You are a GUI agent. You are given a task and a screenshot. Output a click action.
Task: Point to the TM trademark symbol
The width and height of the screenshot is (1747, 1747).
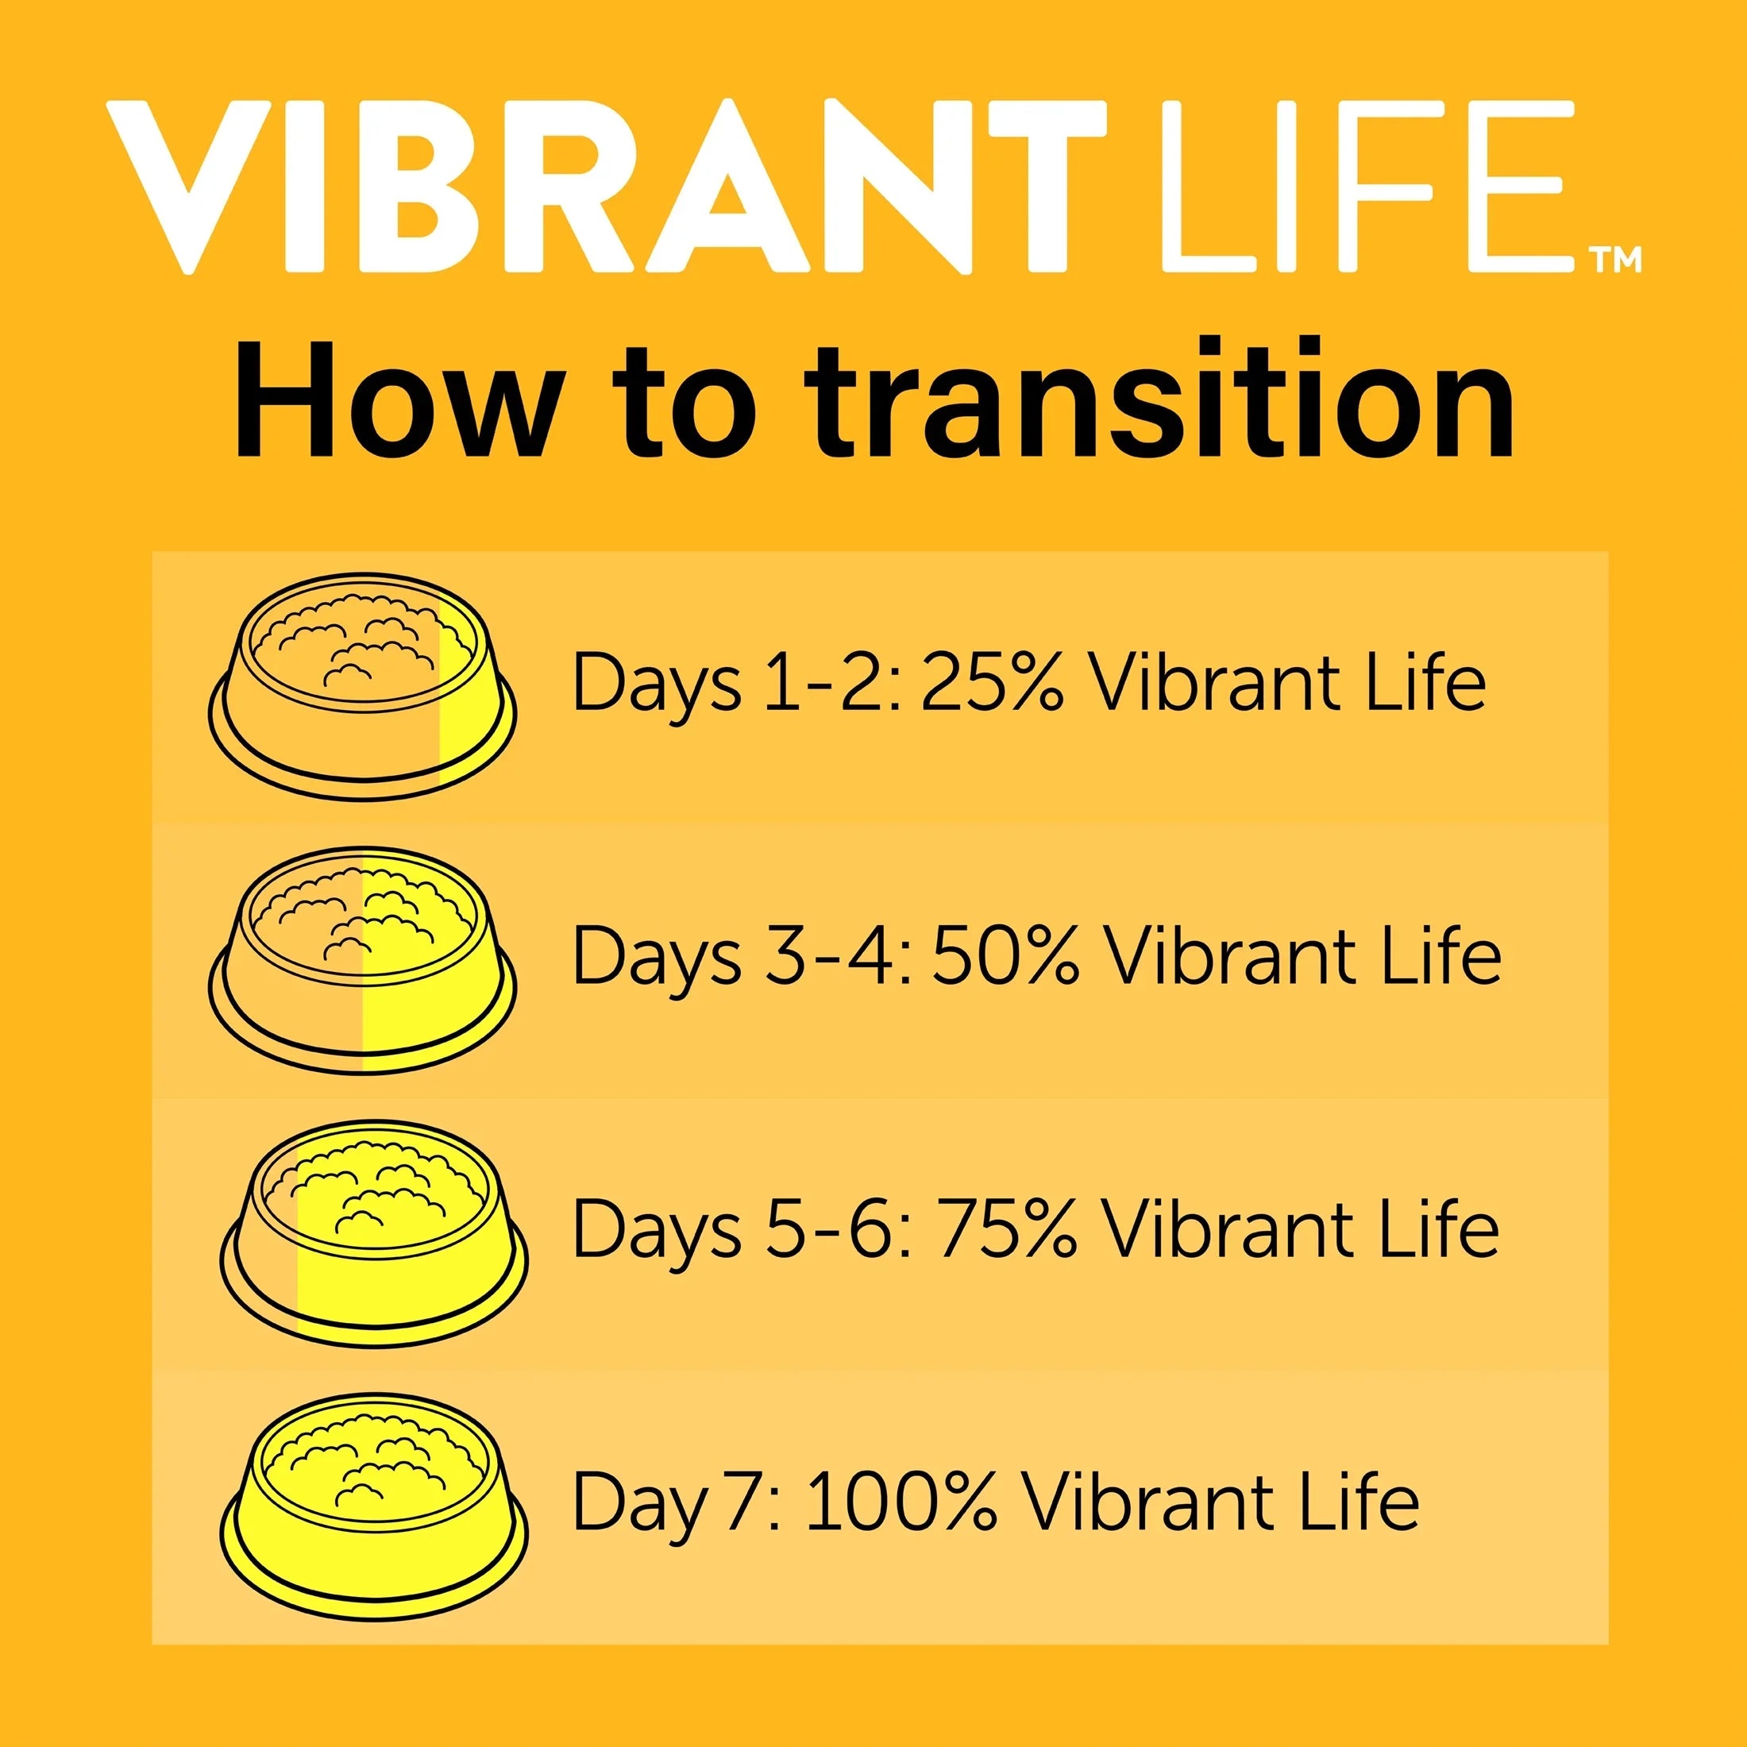click(1617, 260)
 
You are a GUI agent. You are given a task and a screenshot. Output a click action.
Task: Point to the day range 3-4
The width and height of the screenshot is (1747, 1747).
click(835, 954)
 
